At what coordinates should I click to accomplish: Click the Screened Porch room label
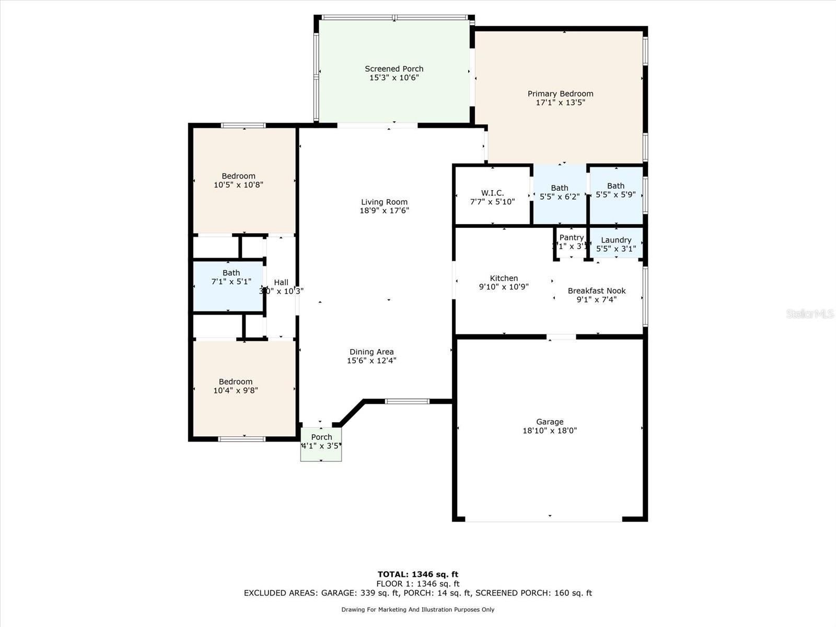tap(394, 69)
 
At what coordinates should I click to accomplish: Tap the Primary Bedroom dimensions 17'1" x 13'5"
tap(560, 102)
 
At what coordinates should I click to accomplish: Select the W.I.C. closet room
tap(492, 196)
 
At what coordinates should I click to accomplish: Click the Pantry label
tap(571, 238)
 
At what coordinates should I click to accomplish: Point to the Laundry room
tap(616, 243)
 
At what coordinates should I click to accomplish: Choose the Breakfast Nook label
tap(597, 291)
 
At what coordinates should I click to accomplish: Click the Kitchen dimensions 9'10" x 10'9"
tap(504, 287)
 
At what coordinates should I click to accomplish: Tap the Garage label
tap(550, 422)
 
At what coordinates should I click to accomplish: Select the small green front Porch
tap(321, 444)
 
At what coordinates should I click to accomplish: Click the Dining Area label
tap(371, 352)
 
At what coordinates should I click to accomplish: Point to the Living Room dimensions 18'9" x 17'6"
tap(384, 211)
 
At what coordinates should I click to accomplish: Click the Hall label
tap(281, 283)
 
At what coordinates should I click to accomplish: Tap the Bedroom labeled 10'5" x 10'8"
tap(238, 180)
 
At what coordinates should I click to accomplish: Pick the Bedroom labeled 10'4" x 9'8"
tap(236, 386)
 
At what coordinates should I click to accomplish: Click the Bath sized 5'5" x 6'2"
tap(559, 192)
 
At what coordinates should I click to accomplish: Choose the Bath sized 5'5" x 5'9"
tap(616, 190)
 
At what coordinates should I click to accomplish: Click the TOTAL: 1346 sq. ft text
tap(417, 574)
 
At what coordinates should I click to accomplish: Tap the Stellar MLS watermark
tap(809, 313)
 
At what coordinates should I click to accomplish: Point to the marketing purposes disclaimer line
tap(417, 609)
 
